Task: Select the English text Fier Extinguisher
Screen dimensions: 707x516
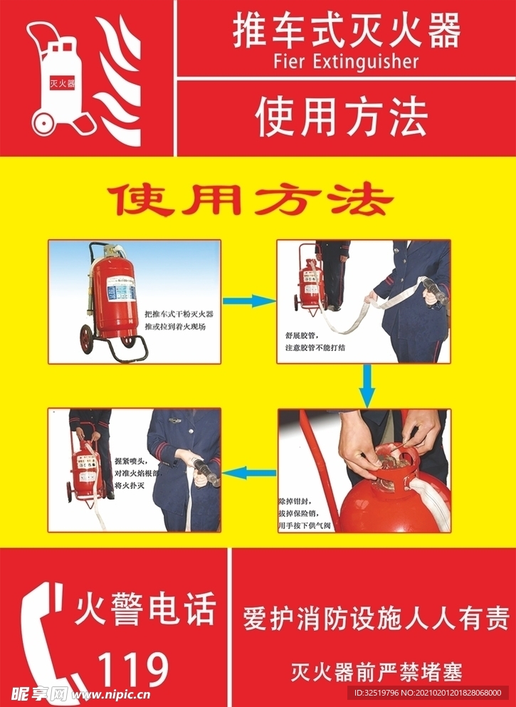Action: pyautogui.click(x=346, y=62)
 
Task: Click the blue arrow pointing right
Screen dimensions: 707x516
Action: pyautogui.click(x=248, y=301)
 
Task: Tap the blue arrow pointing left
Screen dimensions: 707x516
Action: pyautogui.click(x=248, y=471)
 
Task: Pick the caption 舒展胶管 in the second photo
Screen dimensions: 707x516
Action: pyautogui.click(x=300, y=335)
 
